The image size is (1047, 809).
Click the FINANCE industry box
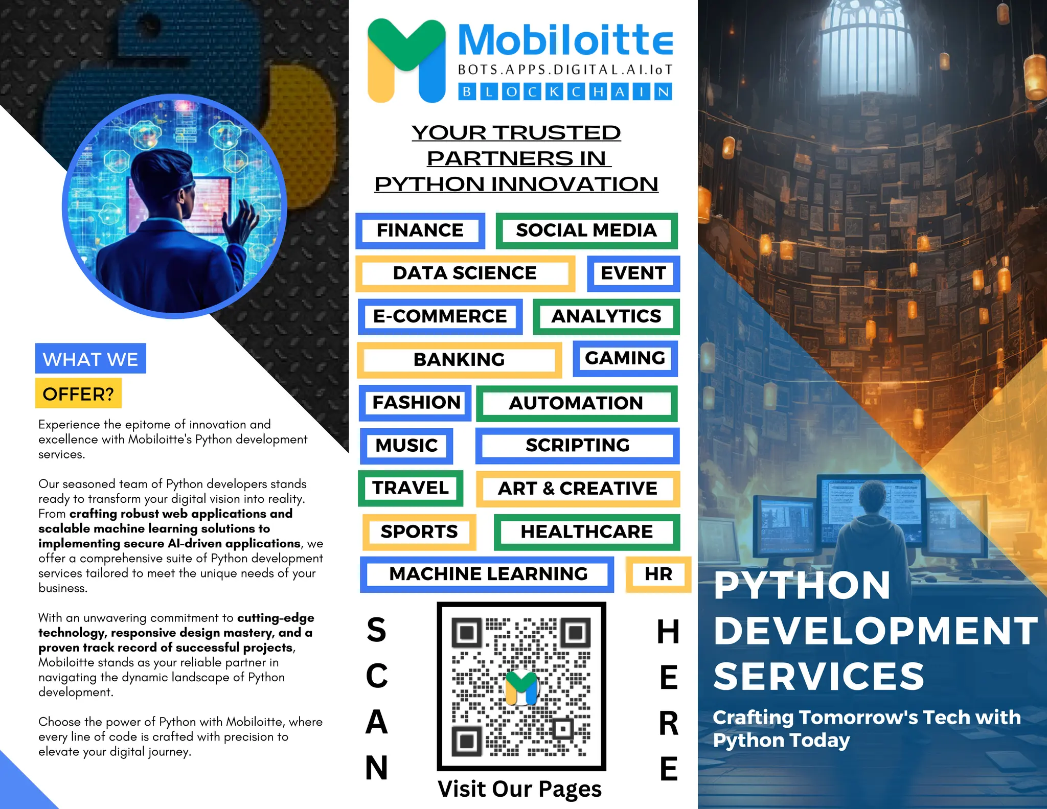point(420,230)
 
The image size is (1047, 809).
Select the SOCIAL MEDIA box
point(586,230)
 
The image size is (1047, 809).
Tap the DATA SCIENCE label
point(465,273)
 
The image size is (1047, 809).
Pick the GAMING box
point(625,358)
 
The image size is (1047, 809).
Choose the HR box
point(658,574)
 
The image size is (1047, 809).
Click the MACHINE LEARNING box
point(488,574)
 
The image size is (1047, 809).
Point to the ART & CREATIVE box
point(577,489)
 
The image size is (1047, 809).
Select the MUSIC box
point(406,446)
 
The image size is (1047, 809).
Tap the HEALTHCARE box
point(586,531)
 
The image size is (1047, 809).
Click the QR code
point(521,686)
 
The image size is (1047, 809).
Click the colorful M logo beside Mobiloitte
point(406,60)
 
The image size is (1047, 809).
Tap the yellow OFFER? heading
point(78,394)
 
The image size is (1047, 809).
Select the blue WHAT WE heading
point(90,359)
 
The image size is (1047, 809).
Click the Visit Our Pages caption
point(519,789)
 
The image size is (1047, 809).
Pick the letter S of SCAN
point(377,630)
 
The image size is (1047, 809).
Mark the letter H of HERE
point(668,632)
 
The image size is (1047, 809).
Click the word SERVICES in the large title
point(818,676)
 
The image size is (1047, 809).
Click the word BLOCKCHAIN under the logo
point(565,92)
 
